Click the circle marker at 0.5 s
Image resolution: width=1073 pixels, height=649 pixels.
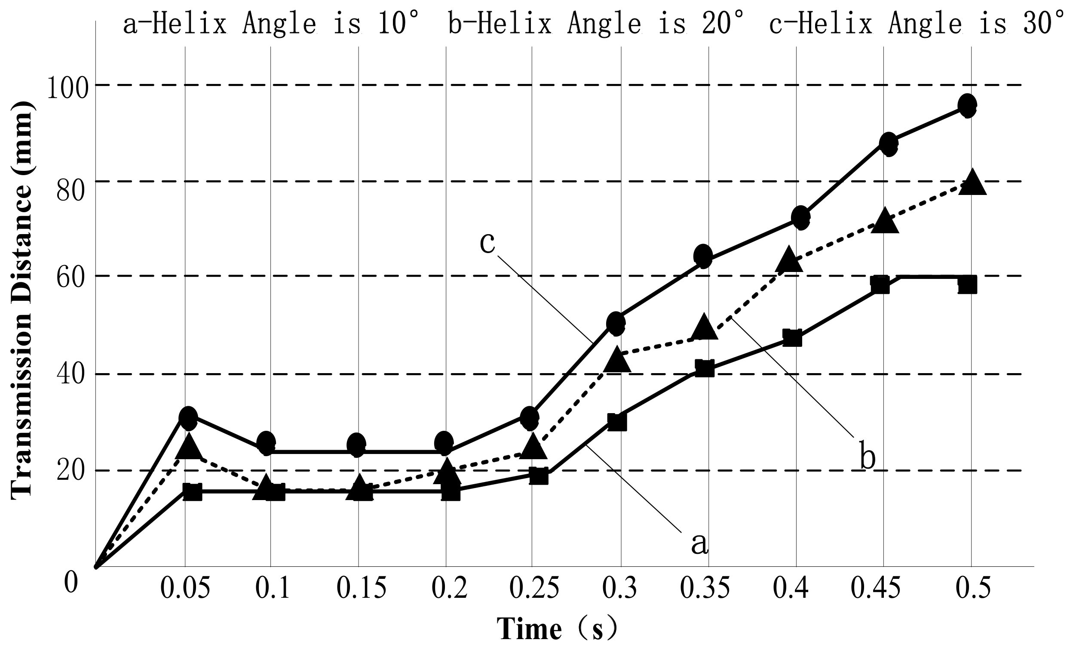pos(967,105)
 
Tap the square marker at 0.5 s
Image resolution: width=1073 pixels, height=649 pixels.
pos(967,285)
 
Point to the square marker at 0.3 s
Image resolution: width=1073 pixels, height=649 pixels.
pos(617,422)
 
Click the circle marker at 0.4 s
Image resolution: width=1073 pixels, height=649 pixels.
pos(800,217)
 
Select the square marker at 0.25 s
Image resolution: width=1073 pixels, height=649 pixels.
pos(539,476)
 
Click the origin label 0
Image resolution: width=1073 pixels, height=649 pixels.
pos(71,583)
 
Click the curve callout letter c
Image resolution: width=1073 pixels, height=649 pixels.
pos(487,242)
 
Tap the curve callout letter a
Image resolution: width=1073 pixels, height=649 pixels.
pos(700,544)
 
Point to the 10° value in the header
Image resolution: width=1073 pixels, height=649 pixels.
pos(397,23)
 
